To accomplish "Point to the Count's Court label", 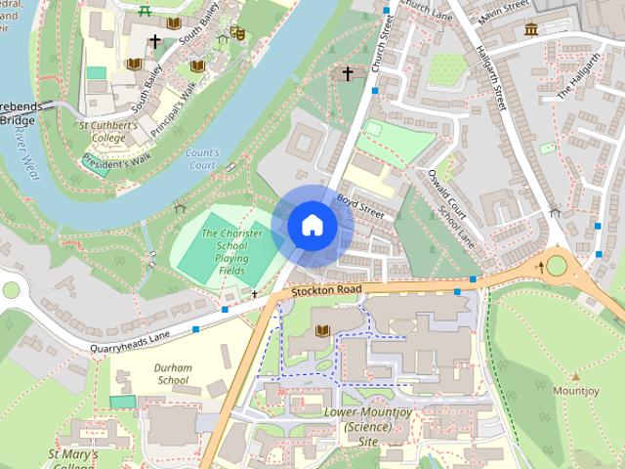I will click(201, 159).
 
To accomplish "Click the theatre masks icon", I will click(235, 33).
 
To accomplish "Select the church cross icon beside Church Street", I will click(346, 73).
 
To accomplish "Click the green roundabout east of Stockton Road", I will click(557, 265).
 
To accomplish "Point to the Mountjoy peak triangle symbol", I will click(575, 376).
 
